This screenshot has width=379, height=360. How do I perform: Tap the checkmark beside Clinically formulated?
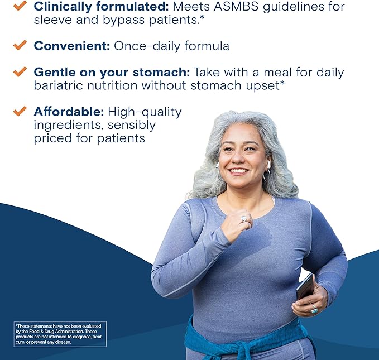point(20,6)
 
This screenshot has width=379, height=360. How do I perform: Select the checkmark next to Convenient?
point(20,45)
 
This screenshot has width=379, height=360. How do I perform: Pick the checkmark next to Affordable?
point(20,111)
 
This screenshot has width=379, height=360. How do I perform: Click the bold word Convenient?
point(71,46)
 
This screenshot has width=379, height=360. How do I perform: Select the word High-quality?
point(145,112)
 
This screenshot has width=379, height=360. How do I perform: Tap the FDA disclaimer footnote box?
point(59,334)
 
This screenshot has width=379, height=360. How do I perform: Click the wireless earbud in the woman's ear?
point(268,165)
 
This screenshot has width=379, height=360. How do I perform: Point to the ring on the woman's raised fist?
point(243,219)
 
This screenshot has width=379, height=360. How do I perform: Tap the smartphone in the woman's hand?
point(305,287)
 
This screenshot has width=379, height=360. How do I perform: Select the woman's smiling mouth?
point(238,170)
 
